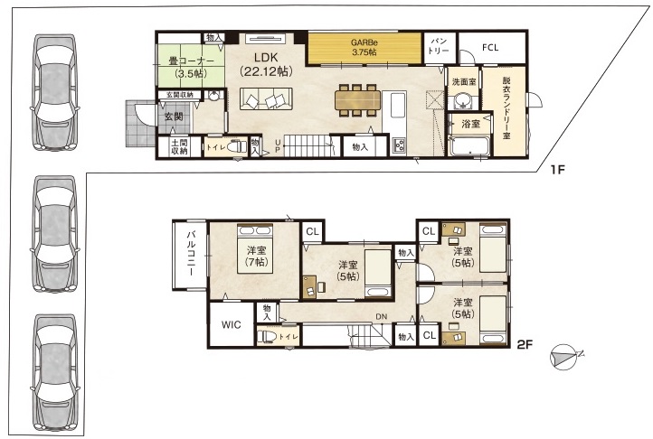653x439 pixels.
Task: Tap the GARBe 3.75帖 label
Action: click(364, 47)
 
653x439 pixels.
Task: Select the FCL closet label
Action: click(490, 48)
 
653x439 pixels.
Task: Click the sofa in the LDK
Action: click(266, 98)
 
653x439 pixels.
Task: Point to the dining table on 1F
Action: click(358, 100)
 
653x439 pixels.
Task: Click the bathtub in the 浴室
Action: click(469, 145)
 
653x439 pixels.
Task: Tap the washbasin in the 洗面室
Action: click(463, 100)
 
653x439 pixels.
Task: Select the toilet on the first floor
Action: click(236, 147)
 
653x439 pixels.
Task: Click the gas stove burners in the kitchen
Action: click(398, 145)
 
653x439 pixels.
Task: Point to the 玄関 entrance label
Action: click(174, 117)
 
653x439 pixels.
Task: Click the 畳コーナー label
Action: click(191, 61)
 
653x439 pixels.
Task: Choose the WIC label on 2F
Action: click(232, 324)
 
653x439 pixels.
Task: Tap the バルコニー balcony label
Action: click(191, 253)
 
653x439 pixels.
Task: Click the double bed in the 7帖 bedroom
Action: click(255, 248)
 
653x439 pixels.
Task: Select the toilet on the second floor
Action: click(268, 336)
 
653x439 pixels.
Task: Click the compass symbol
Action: click(564, 358)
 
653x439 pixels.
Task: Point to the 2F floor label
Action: click(525, 344)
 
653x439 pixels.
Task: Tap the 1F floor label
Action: click(557, 170)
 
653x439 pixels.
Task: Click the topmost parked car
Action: click(54, 92)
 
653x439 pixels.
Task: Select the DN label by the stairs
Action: click(382, 317)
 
